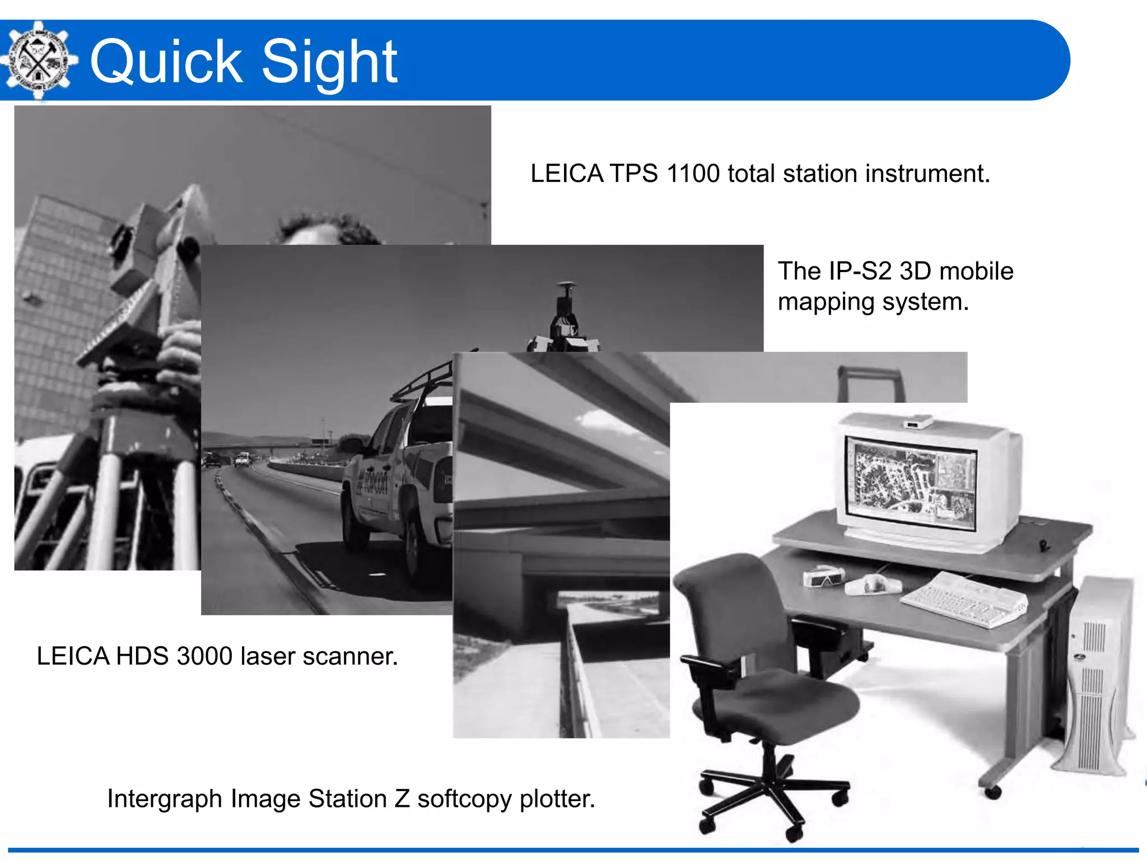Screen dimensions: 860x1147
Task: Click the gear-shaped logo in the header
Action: [38, 60]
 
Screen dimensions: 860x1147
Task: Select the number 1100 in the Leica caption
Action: [693, 174]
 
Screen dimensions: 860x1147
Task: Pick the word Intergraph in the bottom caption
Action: [165, 799]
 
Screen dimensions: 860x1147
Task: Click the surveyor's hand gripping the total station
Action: [179, 347]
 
